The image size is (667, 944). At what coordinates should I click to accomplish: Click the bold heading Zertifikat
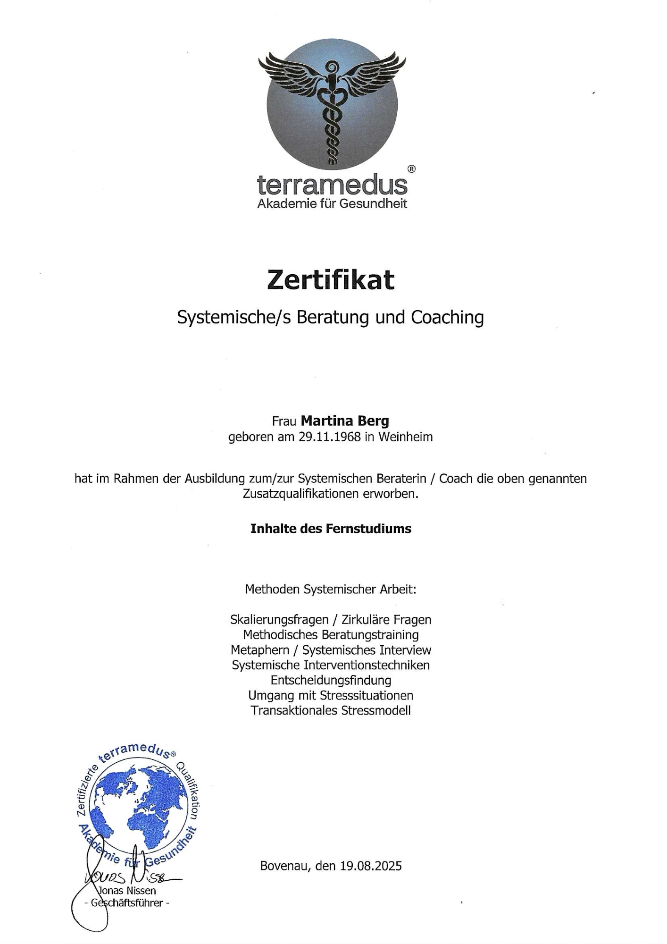pyautogui.click(x=330, y=279)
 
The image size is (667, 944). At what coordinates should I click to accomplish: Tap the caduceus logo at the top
pyautogui.click(x=332, y=104)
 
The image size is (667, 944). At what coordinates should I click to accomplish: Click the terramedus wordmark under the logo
pyautogui.click(x=332, y=185)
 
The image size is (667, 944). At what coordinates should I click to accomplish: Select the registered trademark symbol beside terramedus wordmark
pyautogui.click(x=411, y=169)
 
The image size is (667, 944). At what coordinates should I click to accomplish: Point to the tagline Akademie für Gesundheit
pyautogui.click(x=332, y=204)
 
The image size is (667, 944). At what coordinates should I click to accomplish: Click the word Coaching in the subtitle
pyautogui.click(x=447, y=317)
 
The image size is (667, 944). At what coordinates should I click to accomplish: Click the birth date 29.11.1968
pyautogui.click(x=329, y=437)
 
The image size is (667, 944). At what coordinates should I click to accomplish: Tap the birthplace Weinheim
pyautogui.click(x=405, y=437)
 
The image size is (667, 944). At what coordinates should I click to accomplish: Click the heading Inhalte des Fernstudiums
pyautogui.click(x=331, y=528)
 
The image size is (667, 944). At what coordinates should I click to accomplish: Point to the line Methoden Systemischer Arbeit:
pyautogui.click(x=331, y=590)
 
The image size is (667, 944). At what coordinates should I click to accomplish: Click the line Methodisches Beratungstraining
pyautogui.click(x=331, y=635)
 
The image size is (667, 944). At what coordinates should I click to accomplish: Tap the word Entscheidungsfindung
pyautogui.click(x=331, y=680)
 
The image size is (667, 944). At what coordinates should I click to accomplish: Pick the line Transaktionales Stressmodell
pyautogui.click(x=331, y=710)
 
